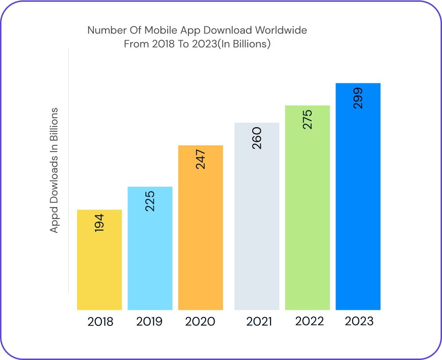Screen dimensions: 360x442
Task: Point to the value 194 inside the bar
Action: coord(99,224)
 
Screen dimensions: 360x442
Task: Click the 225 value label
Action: coord(150,200)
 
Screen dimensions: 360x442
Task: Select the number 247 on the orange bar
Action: coord(200,159)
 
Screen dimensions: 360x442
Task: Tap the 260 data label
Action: coord(257,137)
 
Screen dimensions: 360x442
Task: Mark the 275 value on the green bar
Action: coord(307,119)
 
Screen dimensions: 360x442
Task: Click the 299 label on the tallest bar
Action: coord(358,98)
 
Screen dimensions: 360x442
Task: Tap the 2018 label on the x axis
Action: coord(100,321)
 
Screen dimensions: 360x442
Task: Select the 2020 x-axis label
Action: coord(200,321)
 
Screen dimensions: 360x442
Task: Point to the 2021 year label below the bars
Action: coord(259,321)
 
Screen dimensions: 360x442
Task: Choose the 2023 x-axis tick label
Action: coord(359,321)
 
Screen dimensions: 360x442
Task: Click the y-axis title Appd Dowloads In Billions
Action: coord(54,170)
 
